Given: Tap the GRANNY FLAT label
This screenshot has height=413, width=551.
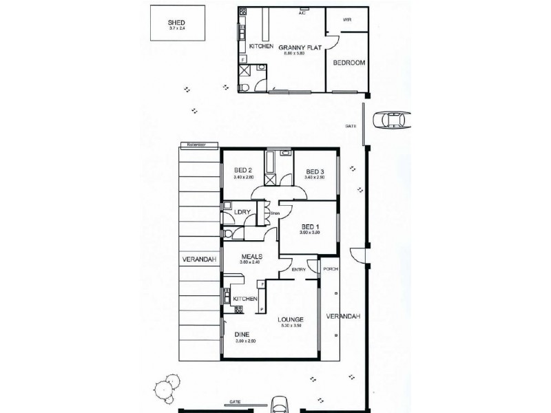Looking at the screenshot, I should pos(297,47).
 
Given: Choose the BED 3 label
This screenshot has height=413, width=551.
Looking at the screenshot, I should pos(314,171).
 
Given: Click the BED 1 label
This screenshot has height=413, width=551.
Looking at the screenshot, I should pos(311,226).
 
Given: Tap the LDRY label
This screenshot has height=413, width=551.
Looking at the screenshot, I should pos(242,213).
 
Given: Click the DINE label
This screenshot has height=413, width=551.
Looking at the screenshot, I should pos(242,333).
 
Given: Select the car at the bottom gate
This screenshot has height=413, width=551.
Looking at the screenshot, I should pos(280,404).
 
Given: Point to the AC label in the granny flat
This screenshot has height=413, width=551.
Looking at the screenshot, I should pos(302,13).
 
